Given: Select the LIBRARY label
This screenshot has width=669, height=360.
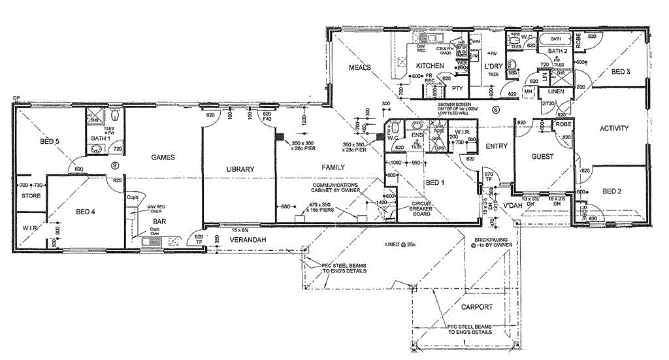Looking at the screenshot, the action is tap(240, 169).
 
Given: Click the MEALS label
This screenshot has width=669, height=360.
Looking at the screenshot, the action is tap(360, 67).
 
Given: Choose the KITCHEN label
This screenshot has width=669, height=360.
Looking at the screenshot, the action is tap(430, 66).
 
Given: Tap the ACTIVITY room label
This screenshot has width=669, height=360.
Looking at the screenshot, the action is tap(614, 128).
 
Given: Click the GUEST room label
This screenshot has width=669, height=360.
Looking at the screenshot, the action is tap(542, 157).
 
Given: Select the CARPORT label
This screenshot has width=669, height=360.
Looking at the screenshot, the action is tap(477, 306).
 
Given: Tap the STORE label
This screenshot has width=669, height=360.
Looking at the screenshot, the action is tap(31, 195).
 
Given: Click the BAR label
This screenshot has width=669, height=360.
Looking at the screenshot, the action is tap(159, 221).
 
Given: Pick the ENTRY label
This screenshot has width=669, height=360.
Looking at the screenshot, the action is tap(497, 146).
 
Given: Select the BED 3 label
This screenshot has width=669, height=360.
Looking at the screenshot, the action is tap(619, 72).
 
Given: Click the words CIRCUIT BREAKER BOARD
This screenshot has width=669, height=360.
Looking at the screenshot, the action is tap(421, 208).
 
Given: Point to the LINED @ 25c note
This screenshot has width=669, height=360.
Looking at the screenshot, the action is tap(396, 244).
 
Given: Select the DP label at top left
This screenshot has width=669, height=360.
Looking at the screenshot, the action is tap(16, 99).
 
